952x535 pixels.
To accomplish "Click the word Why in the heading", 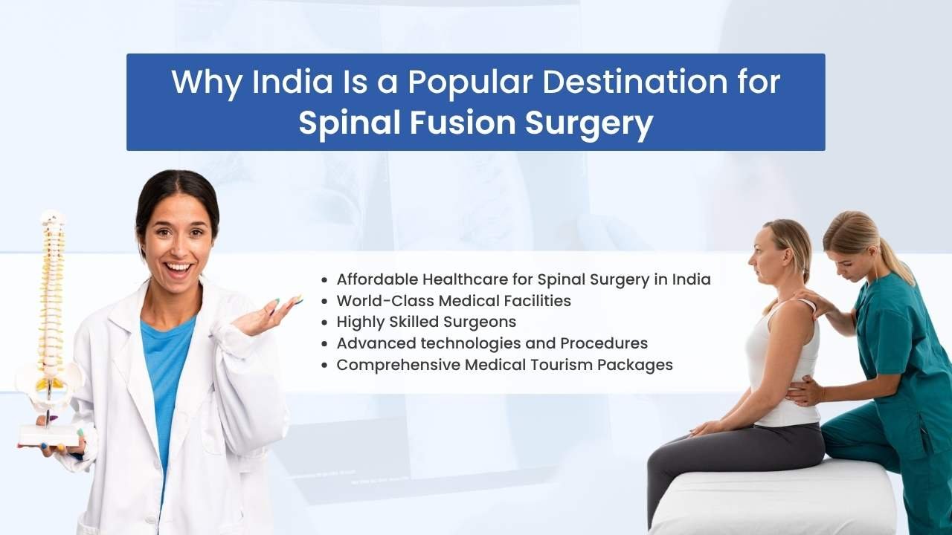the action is click(x=207, y=83).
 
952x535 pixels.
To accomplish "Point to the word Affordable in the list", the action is click(x=376, y=279).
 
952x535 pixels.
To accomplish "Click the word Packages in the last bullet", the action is click(x=635, y=365).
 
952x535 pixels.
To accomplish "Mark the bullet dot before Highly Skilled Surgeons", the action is click(x=325, y=322).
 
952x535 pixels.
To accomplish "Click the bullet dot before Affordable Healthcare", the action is click(x=325, y=280).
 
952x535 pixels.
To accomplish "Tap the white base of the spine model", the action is click(x=49, y=435).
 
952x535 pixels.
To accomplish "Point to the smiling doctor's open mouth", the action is click(x=179, y=268).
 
